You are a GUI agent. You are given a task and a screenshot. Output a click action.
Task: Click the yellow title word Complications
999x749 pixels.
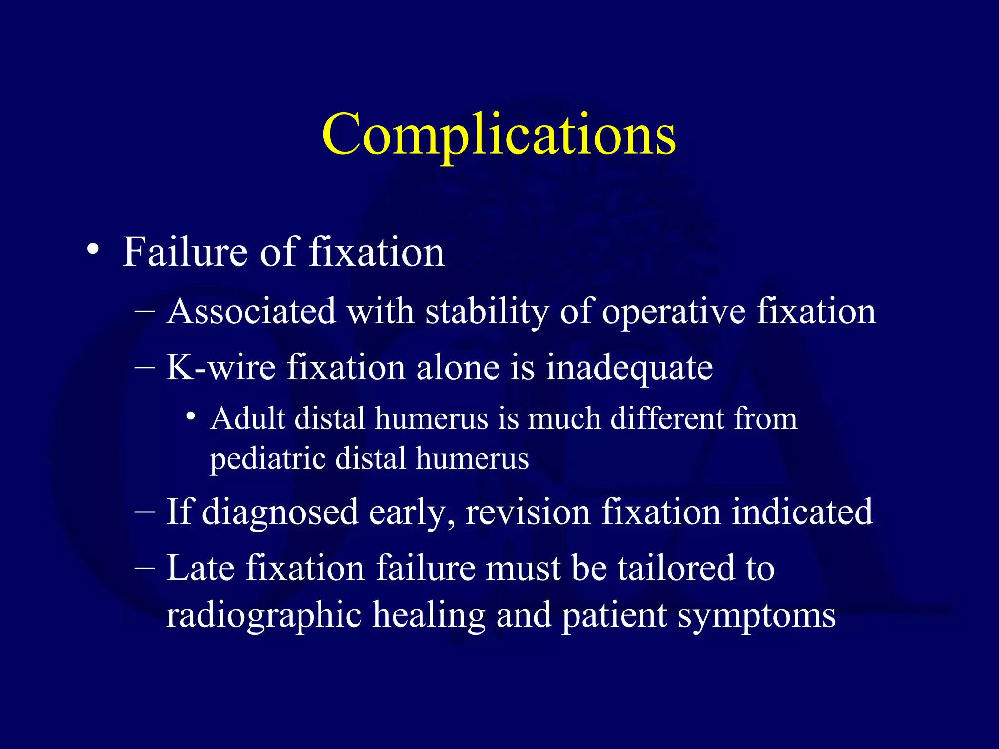[x=499, y=134]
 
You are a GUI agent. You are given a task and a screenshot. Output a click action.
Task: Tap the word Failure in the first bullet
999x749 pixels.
[x=185, y=252]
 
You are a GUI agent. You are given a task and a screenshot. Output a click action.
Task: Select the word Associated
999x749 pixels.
[x=251, y=311]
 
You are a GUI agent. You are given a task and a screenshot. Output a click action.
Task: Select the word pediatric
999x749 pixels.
[x=267, y=459]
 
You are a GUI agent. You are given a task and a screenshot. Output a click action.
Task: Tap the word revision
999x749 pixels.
[x=527, y=512]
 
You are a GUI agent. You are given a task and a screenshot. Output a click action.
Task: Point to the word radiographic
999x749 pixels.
[x=263, y=615]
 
